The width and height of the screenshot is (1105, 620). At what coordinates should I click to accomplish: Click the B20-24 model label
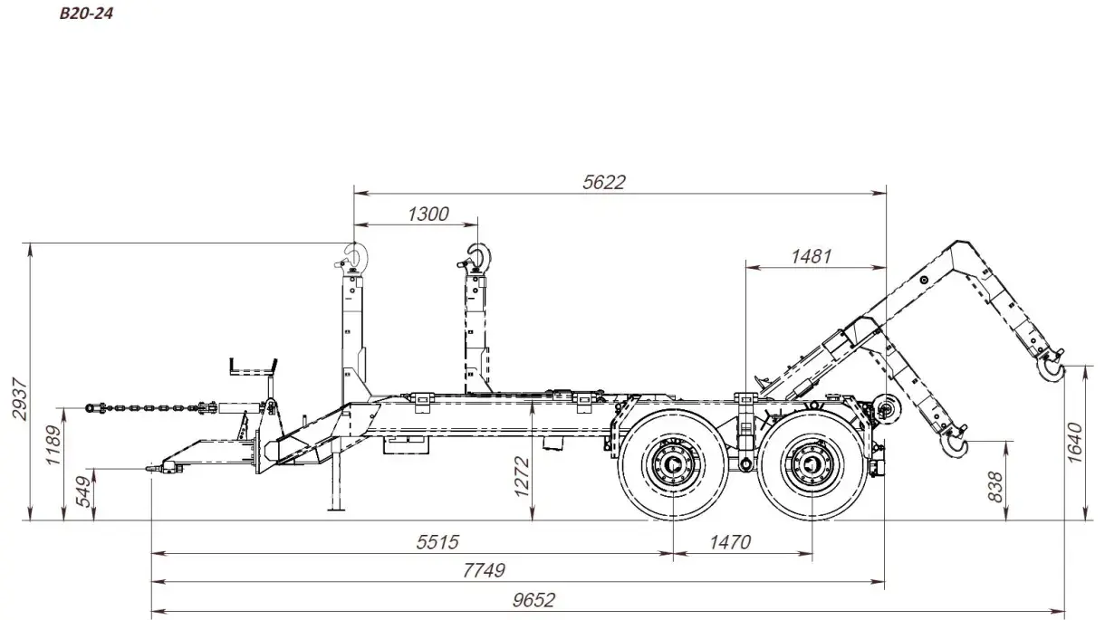86,15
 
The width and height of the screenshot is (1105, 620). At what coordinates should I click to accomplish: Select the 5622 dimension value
604,182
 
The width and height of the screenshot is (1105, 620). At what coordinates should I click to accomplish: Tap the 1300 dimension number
428,214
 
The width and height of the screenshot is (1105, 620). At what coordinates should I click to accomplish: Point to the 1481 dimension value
811,256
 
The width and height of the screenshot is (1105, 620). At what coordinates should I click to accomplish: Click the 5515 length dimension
438,542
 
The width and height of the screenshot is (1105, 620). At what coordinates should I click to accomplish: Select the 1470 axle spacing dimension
730,542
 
